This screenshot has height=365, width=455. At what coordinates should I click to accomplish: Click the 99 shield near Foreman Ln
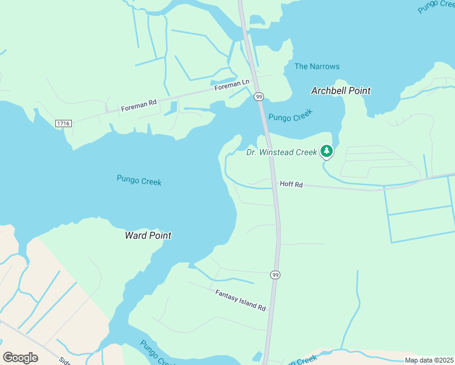click(259, 97)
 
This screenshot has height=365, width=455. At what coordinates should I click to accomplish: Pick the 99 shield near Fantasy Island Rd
click(276, 275)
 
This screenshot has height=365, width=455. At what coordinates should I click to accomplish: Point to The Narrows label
click(317, 66)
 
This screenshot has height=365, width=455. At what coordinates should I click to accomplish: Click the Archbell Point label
click(341, 91)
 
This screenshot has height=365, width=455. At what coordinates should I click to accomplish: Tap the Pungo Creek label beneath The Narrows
click(291, 115)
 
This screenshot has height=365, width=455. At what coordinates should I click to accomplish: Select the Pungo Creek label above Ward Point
click(139, 180)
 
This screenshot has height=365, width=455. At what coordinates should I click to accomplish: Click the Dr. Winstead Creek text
click(281, 152)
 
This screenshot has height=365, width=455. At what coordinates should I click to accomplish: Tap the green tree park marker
click(327, 150)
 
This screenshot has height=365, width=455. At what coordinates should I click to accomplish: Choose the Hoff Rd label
click(291, 184)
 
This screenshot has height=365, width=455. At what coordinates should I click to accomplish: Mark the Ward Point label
click(148, 235)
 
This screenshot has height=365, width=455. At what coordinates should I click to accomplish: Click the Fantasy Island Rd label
click(241, 301)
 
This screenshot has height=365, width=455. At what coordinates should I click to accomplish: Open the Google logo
click(20, 357)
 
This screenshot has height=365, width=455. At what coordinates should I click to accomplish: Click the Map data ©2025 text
click(428, 360)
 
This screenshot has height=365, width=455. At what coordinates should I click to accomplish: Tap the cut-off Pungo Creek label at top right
click(437, 6)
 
